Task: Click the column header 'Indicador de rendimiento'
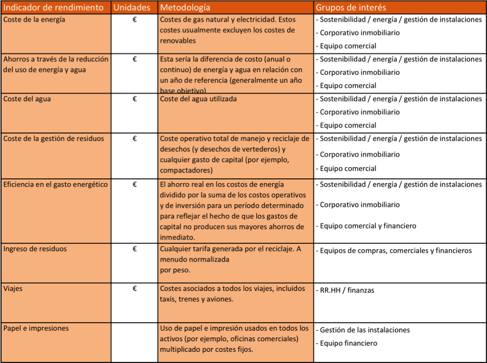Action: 53,8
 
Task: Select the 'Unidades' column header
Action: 131,8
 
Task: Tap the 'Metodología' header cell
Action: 185,8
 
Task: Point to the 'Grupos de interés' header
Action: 351,8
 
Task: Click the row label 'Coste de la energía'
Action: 34,20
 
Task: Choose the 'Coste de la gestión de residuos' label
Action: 53,139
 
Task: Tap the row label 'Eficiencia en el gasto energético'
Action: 56,184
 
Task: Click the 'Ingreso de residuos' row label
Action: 35,249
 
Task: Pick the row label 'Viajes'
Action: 13,288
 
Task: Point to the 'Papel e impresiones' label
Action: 36,328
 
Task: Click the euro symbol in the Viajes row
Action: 135,288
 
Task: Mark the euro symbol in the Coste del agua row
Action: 135,99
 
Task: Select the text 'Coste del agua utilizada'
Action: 198,99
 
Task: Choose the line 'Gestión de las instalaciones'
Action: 364,330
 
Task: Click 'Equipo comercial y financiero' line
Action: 368,226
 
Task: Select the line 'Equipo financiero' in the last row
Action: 348,343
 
